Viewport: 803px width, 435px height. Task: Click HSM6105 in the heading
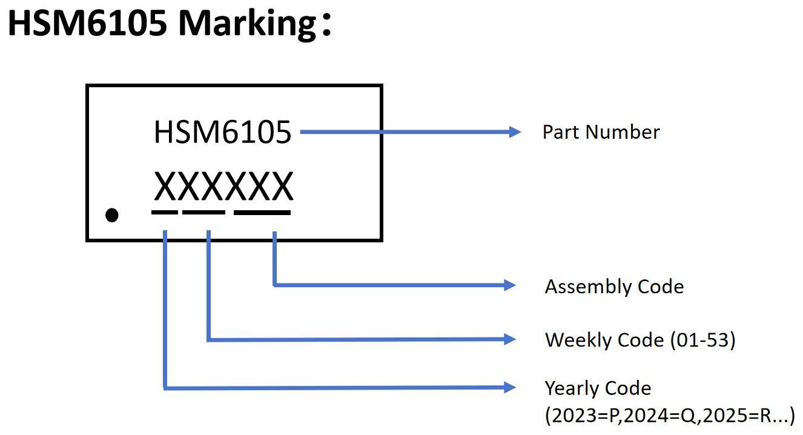87,23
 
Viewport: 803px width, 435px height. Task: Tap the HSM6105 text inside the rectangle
222,132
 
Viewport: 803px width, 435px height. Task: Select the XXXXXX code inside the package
223,187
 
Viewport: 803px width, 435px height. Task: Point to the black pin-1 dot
112,215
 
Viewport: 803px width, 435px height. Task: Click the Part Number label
601,132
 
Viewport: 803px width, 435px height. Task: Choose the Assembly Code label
614,287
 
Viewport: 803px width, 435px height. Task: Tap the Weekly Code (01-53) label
640,340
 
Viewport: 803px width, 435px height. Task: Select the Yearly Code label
598,388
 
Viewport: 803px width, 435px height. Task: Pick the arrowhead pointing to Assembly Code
510,285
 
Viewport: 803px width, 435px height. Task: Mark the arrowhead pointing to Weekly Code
510,340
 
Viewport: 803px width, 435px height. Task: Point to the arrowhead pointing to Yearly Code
510,388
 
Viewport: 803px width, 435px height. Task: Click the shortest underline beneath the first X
165,212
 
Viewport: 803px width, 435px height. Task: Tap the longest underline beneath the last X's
262,212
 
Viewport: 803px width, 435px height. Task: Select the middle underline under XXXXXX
203,212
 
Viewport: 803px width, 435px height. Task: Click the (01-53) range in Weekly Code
702,340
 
